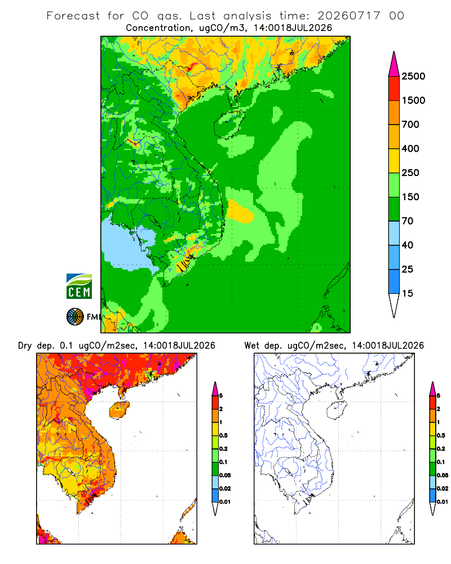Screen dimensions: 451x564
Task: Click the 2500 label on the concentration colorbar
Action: pyautogui.click(x=413, y=76)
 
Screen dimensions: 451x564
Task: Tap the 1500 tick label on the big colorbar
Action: pyautogui.click(x=413, y=100)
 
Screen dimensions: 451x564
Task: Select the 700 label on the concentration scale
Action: pyautogui.click(x=410, y=125)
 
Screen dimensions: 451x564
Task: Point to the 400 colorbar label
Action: pyautogui.click(x=410, y=148)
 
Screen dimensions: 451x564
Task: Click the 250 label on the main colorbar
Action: pyautogui.click(x=410, y=173)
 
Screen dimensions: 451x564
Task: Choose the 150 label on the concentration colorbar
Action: pyautogui.click(x=410, y=197)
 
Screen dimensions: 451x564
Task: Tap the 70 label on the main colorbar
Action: pyautogui.click(x=408, y=221)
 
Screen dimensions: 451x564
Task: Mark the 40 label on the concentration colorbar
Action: pyautogui.click(x=408, y=245)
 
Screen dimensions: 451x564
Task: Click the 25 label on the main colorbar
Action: pyautogui.click(x=408, y=269)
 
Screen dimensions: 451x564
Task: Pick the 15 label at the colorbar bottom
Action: pyautogui.click(x=408, y=293)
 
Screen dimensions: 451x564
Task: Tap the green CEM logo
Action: pyautogui.click(x=79, y=287)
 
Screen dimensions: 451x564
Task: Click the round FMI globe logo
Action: pyautogui.click(x=75, y=317)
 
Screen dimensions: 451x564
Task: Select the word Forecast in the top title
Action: pyautogui.click(x=73, y=16)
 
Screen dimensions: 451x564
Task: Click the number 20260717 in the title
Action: pyautogui.click(x=348, y=16)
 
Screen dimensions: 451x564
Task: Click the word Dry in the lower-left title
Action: pyautogui.click(x=25, y=346)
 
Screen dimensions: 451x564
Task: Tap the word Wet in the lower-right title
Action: pyautogui.click(x=251, y=346)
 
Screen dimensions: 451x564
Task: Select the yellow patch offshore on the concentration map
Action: pyautogui.click(x=240, y=211)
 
